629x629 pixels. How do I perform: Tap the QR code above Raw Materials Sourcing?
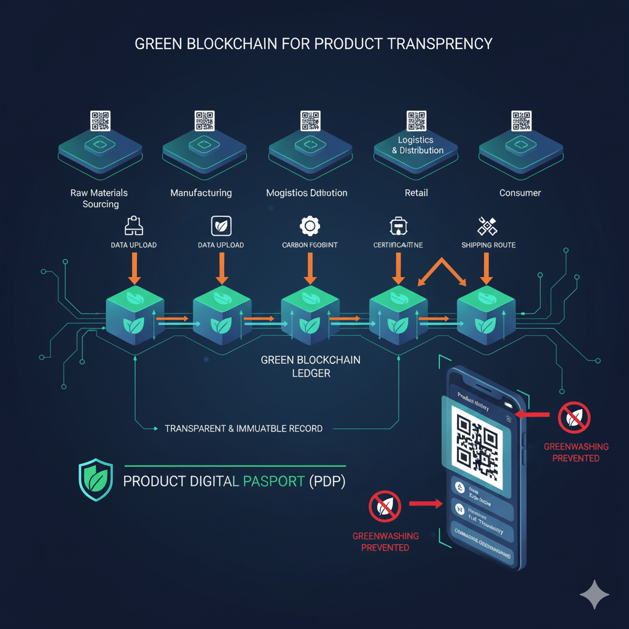(x=100, y=120)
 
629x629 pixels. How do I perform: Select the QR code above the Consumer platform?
(x=520, y=120)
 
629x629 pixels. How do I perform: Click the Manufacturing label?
(x=201, y=193)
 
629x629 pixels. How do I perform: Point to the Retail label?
(x=416, y=193)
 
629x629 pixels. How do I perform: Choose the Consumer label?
(x=520, y=193)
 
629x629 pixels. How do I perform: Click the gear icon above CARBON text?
(x=310, y=226)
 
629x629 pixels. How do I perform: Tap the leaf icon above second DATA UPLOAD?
(x=221, y=226)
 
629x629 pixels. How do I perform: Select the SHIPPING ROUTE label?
(x=488, y=245)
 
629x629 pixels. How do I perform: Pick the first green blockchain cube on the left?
(x=135, y=314)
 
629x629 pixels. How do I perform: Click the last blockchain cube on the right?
(x=486, y=314)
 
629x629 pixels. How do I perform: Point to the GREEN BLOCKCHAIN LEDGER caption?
(x=311, y=366)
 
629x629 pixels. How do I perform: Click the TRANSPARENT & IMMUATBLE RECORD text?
(x=244, y=428)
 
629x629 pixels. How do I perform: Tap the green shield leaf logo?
(x=96, y=479)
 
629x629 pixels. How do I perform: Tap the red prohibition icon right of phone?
(x=574, y=418)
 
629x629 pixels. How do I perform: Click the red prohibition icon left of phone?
(x=385, y=505)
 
